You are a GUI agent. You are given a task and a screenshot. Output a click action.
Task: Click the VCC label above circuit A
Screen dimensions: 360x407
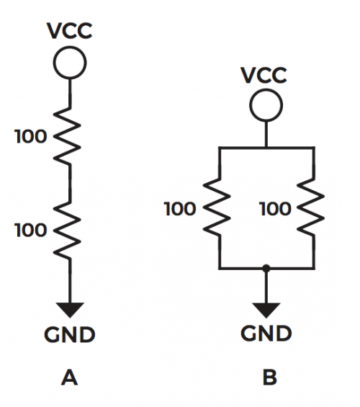70,31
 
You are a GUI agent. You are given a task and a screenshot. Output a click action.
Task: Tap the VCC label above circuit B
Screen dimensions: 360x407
264,75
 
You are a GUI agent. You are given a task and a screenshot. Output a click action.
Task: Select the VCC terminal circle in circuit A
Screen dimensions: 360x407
70,62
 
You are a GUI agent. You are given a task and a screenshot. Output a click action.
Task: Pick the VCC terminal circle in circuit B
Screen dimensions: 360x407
266,105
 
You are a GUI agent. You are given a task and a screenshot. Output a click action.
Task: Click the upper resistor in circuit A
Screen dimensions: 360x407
68,135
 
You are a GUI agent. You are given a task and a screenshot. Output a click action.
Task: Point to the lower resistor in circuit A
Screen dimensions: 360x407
68,230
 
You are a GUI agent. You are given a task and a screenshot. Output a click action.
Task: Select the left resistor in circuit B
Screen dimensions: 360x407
217,207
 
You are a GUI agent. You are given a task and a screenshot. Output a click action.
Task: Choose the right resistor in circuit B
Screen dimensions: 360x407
311,207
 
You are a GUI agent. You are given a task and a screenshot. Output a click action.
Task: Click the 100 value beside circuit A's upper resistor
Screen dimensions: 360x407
31,137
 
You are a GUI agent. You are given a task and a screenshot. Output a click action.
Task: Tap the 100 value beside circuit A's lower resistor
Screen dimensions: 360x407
31,231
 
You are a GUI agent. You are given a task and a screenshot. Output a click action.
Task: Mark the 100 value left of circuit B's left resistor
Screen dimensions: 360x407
180,209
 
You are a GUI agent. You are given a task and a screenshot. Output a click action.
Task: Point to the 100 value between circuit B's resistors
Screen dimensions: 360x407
275,209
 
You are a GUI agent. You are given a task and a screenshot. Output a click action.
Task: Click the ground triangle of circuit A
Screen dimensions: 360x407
70,309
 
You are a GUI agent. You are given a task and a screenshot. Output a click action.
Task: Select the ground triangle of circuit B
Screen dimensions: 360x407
266,310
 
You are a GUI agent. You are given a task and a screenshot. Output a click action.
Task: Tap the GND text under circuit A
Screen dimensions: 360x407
70,334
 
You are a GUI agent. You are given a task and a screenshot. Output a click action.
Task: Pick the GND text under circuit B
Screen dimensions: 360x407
266,334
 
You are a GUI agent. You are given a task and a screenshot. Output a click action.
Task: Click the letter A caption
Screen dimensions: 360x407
70,377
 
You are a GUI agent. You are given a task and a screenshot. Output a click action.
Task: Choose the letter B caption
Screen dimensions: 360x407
270,377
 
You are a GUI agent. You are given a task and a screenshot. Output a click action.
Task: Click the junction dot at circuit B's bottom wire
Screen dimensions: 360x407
266,268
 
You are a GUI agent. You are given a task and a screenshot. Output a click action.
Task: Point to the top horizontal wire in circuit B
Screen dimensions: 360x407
267,148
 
